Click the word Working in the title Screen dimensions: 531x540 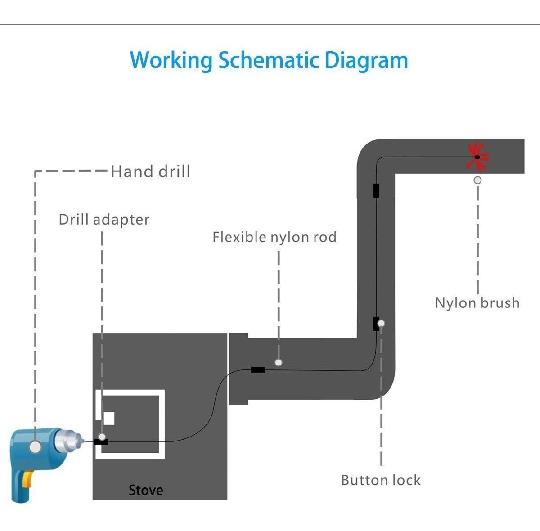[171, 60]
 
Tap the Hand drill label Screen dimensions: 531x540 [150, 171]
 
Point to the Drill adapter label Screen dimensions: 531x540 [104, 220]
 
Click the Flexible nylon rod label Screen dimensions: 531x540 [274, 237]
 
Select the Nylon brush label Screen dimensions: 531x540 [477, 303]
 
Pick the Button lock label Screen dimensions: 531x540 [381, 480]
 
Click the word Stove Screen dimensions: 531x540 [146, 490]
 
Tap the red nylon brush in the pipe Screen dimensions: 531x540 [477, 157]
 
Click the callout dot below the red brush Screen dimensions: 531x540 [477, 180]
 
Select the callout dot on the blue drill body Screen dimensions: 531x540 [35, 447]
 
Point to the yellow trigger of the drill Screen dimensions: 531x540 [28, 478]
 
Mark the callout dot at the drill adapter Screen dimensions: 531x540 [102, 437]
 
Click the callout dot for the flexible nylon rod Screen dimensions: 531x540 [279, 362]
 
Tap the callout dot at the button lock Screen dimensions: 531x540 [382, 323]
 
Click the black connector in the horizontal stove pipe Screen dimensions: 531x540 [258, 370]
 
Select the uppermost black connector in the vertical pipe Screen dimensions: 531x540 [376, 190]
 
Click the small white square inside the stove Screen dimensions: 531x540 [109, 418]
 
